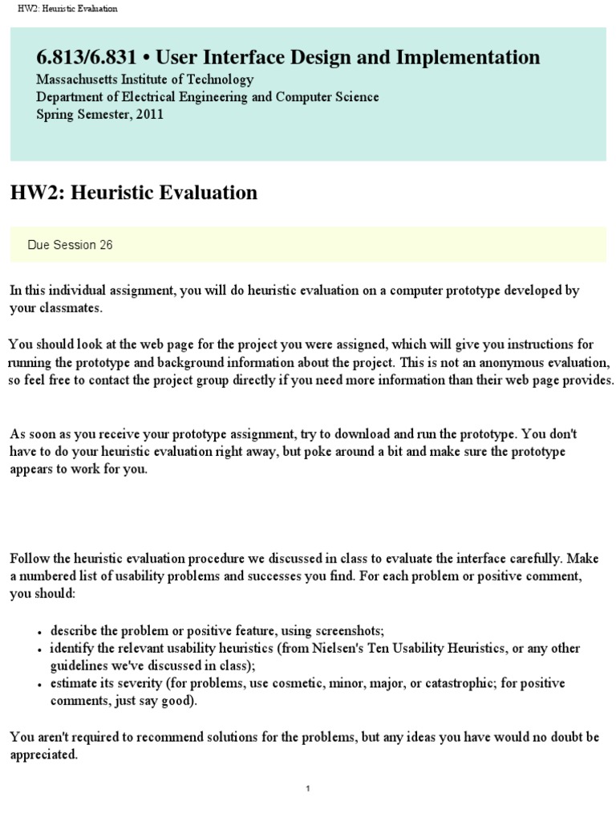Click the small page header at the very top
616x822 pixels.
pos(67,9)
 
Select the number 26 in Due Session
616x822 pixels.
pos(106,245)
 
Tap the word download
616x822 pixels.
pos(347,434)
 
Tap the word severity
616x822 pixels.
pos(120,683)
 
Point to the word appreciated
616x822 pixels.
pos(43,755)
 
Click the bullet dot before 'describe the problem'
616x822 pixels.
pos(39,631)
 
